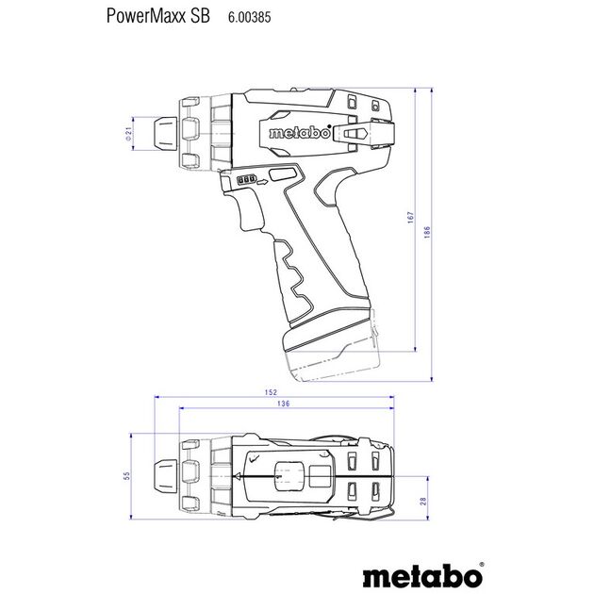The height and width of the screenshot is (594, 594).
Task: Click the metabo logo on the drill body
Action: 299,135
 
